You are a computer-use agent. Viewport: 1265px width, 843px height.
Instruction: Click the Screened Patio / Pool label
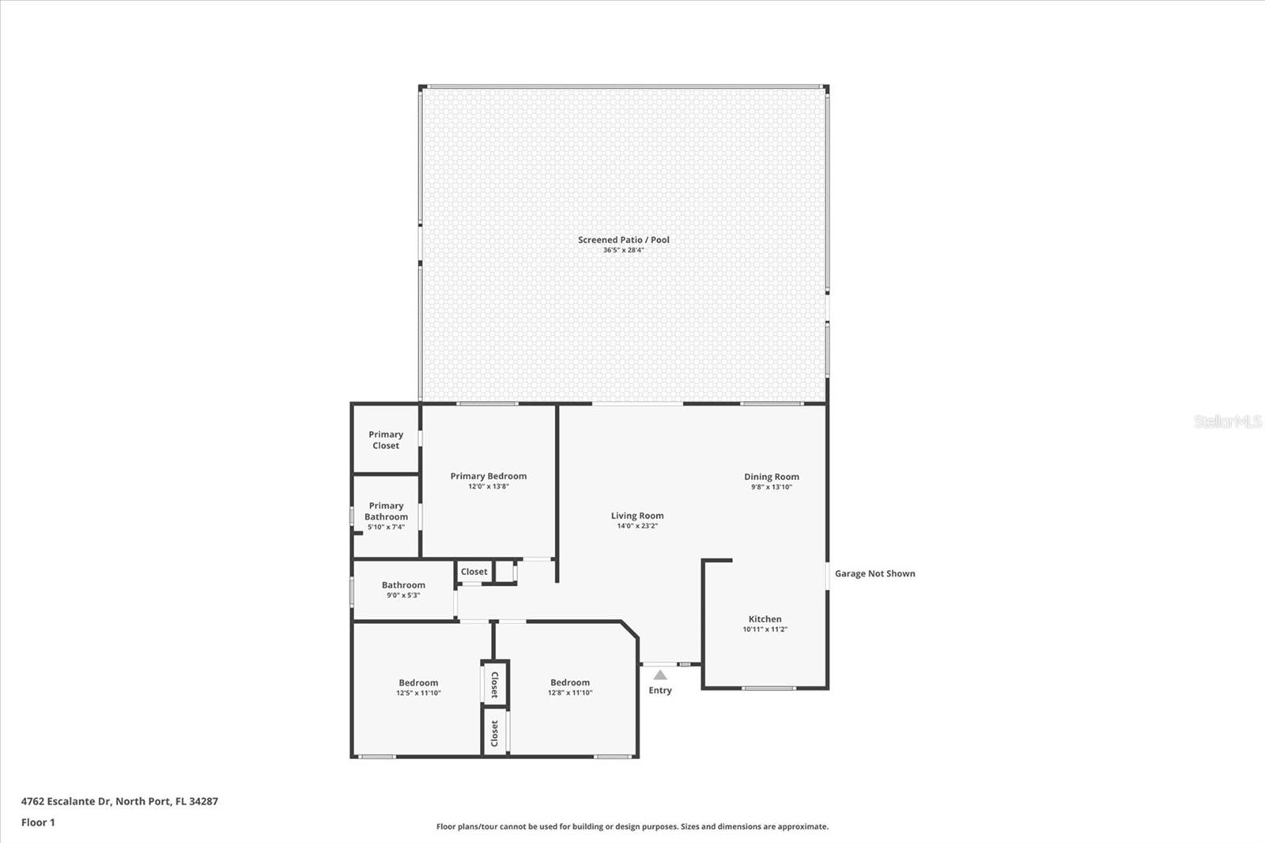[623, 240]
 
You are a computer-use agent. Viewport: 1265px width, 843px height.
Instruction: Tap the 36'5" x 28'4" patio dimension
[623, 251]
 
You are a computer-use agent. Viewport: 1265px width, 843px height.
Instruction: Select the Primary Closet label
[386, 440]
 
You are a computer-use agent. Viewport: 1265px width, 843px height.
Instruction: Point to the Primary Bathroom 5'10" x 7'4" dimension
[386, 527]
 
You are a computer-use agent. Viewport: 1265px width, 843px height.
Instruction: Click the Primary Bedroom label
[488, 476]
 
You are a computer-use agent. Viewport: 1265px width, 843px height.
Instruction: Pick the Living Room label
[636, 516]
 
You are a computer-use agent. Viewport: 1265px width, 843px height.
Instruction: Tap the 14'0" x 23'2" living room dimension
[636, 526]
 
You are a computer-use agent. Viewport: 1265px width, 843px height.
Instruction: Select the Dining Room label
[771, 477]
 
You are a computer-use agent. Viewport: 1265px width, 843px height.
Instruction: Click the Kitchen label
[765, 619]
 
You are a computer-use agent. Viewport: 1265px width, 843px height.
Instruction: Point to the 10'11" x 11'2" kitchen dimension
[765, 629]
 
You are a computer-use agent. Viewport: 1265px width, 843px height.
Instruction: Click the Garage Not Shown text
[874, 573]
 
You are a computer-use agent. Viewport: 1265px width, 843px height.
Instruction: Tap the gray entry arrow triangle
[660, 675]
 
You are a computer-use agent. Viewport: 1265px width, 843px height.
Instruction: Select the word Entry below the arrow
[660, 690]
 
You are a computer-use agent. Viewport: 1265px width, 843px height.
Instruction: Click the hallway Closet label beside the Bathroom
[474, 572]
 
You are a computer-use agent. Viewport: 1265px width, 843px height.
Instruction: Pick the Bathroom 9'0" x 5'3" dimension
[403, 595]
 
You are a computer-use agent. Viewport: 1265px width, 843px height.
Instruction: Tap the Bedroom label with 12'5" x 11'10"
[418, 682]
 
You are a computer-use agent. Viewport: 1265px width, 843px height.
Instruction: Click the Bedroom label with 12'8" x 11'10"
[570, 682]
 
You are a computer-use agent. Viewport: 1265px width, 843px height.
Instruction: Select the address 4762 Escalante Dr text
[119, 801]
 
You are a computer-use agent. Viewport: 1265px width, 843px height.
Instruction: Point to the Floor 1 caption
[38, 822]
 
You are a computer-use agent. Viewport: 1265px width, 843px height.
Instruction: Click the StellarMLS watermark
[1227, 422]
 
